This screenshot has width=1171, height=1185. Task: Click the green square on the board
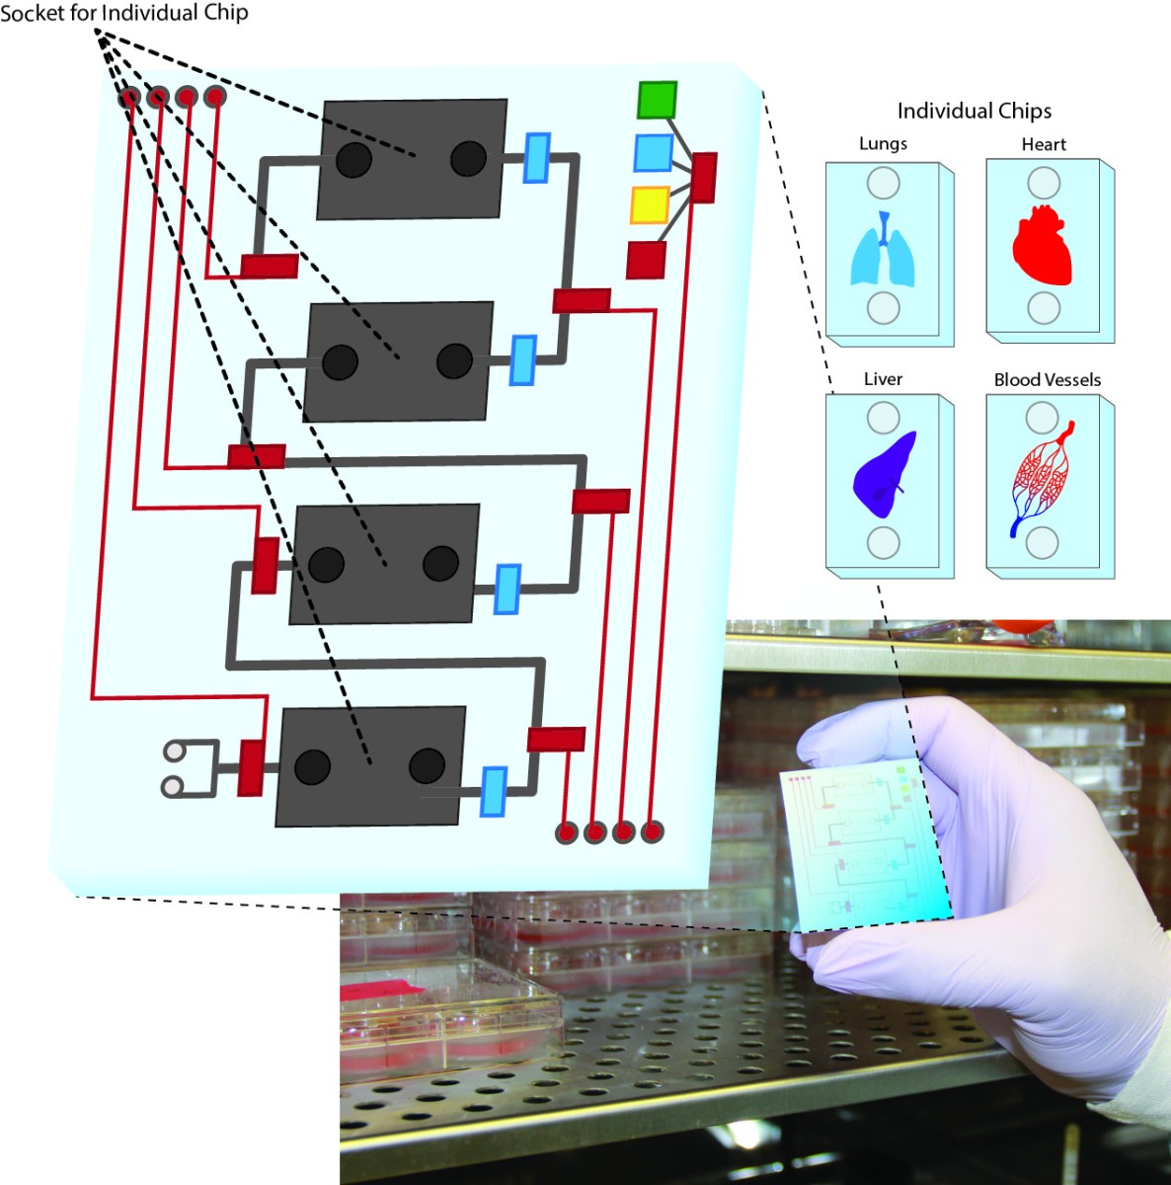click(657, 100)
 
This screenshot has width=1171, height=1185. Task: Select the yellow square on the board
click(650, 205)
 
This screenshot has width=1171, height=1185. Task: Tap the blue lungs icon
click(883, 253)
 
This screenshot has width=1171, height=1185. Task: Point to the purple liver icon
click(884, 476)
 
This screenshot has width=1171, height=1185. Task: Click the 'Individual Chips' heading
click(974, 111)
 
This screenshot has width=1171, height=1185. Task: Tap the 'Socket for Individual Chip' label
click(124, 13)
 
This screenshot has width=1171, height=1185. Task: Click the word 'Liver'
click(883, 379)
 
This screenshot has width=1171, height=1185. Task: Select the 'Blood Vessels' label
click(1047, 379)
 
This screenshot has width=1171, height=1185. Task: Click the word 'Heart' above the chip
click(1044, 144)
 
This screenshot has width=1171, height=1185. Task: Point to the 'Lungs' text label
click(883, 143)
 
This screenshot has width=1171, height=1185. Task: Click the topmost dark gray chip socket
click(412, 159)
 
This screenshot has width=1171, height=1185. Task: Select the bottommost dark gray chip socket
click(370, 766)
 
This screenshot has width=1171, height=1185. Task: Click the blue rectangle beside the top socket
click(536, 158)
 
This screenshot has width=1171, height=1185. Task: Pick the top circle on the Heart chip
click(1044, 183)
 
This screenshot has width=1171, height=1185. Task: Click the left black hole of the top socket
click(353, 159)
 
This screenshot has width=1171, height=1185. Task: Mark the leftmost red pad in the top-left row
click(129, 97)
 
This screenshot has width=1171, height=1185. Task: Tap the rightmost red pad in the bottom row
click(652, 832)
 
